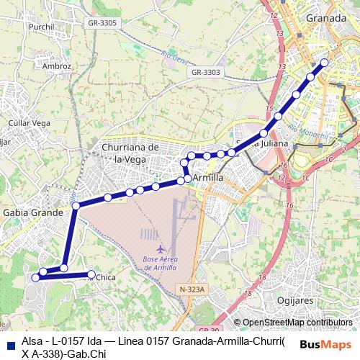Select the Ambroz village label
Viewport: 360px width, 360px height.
coord(57,66)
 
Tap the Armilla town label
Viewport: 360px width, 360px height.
coord(208,177)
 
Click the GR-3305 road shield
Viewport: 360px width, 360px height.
coord(102,24)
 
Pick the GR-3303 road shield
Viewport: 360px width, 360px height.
coord(206,72)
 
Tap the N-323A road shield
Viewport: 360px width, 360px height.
coord(192,289)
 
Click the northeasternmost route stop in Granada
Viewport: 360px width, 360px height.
coord(325,63)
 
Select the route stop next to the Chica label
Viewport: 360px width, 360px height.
coord(91,274)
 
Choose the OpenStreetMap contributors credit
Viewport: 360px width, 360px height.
coord(297,323)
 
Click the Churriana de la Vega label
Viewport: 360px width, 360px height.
coord(130,153)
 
